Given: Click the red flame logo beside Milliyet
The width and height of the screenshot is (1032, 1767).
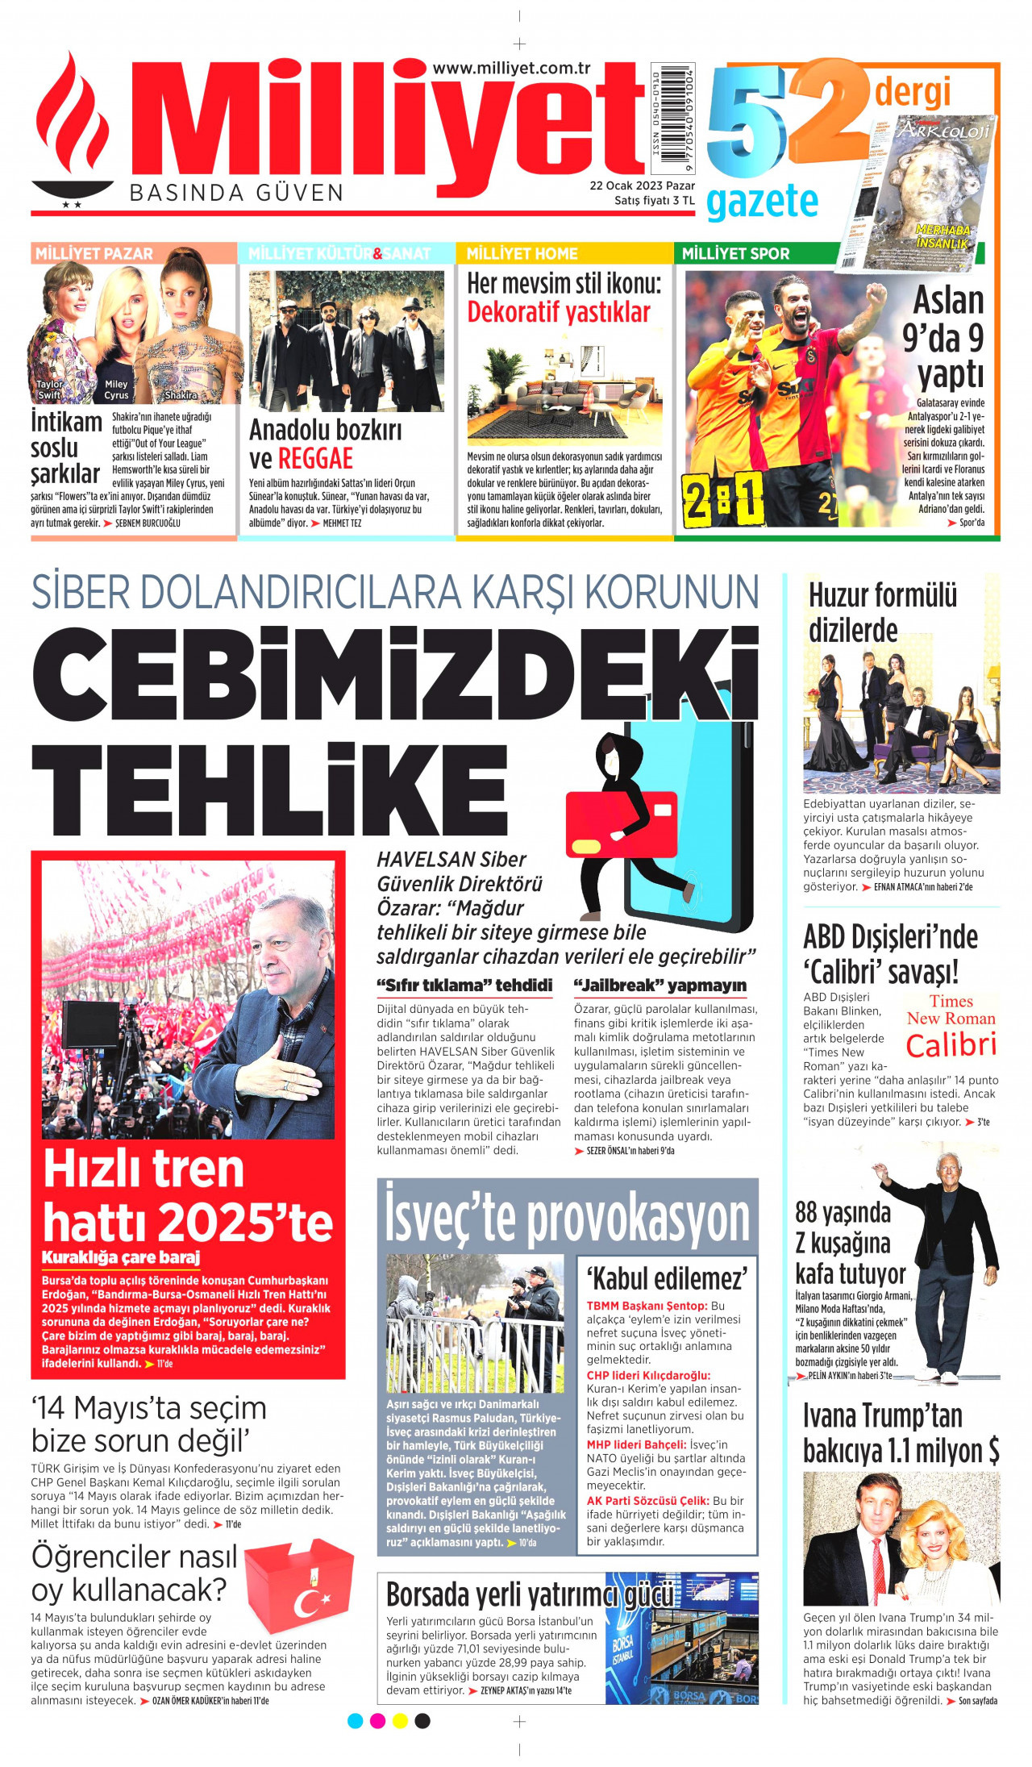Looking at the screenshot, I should [73, 129].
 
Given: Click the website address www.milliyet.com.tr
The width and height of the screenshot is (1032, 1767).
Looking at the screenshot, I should [512, 69].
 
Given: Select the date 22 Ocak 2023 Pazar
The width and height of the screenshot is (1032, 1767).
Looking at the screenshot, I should [642, 185].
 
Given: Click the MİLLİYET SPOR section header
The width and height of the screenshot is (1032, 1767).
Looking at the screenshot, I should [735, 253].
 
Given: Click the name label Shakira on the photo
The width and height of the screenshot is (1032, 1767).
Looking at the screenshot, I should [181, 395].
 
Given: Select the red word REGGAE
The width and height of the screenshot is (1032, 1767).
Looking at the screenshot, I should [315, 459].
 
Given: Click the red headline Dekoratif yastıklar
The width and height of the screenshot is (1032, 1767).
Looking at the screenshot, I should [558, 312].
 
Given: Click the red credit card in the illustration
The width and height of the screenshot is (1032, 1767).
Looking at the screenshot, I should [622, 823].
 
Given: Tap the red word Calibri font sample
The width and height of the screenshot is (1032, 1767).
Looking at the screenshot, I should [951, 1045].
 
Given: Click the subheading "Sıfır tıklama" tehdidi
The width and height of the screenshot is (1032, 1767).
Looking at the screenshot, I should [464, 986].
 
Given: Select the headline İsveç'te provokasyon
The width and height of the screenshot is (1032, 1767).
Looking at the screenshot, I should [567, 1219].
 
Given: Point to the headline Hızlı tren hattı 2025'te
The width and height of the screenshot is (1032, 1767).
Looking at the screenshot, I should [187, 1195].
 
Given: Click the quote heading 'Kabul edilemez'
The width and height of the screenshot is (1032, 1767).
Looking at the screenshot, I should [666, 1277].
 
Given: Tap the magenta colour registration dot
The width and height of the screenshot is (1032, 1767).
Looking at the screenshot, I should [377, 1720].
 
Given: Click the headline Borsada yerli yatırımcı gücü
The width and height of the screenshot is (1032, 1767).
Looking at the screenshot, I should [529, 1594].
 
